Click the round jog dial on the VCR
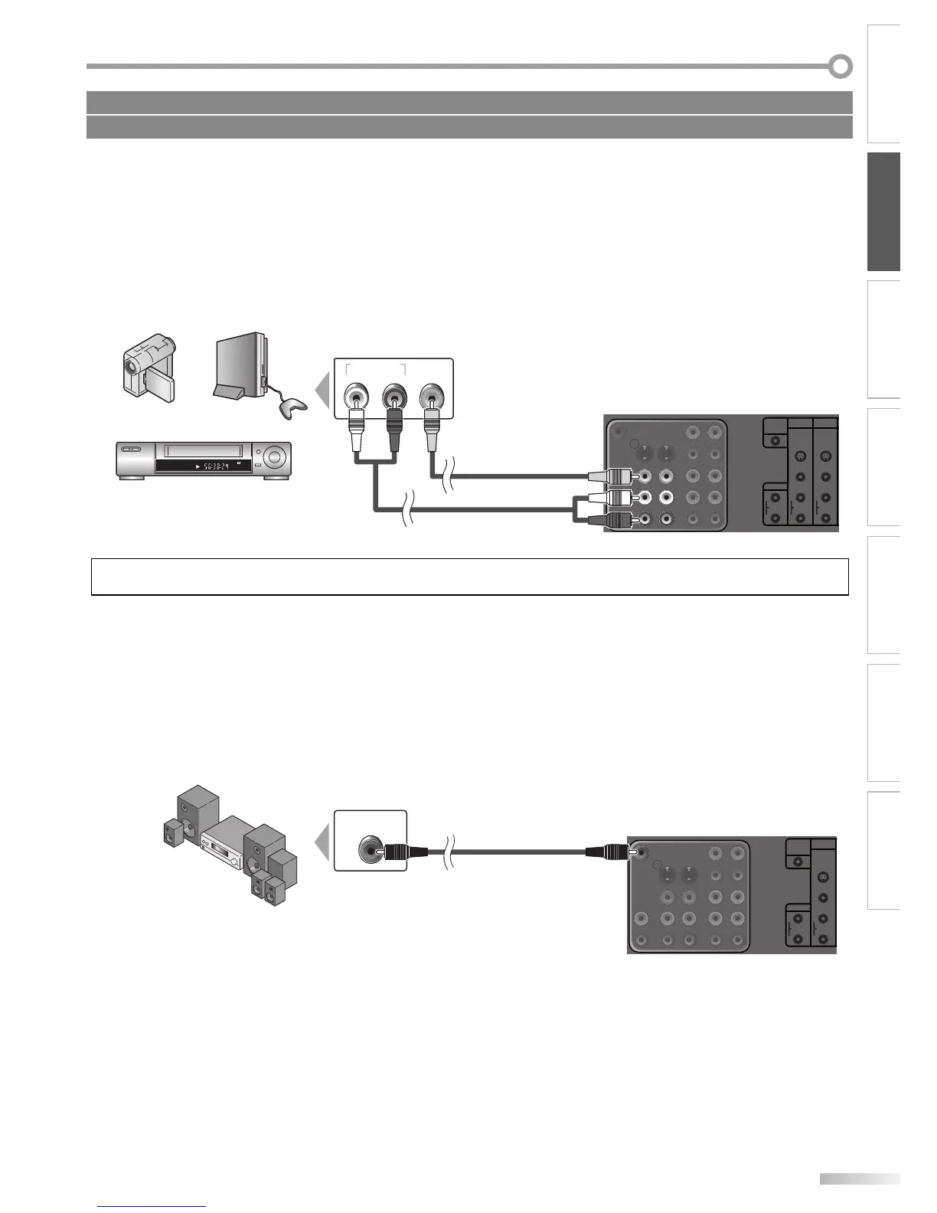tap(276, 459)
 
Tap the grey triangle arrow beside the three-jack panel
tap(324, 390)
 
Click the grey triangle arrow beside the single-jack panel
tap(324, 842)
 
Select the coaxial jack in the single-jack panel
tap(370, 849)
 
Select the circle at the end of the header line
tap(841, 67)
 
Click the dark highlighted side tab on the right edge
tap(883, 211)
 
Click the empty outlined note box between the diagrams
tap(469, 577)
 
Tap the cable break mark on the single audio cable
tap(452, 851)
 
